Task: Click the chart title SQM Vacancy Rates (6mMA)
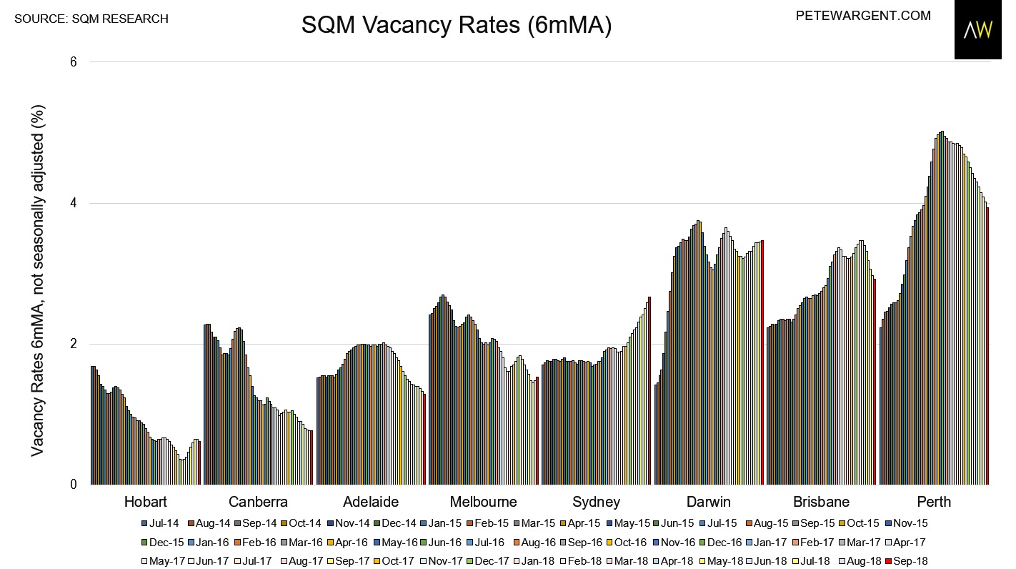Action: point(456,26)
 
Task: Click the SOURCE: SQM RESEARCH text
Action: point(91,19)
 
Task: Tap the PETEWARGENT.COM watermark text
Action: point(863,15)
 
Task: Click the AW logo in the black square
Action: point(978,30)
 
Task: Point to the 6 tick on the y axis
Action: point(73,62)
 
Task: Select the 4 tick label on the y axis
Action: point(73,203)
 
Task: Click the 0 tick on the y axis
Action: point(73,485)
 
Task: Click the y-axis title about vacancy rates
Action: point(39,280)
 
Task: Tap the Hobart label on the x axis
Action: point(146,501)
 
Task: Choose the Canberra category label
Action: point(258,501)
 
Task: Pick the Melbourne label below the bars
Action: point(483,501)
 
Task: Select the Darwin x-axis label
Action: point(708,501)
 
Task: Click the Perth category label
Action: point(932,501)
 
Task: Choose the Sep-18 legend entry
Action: point(905,561)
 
